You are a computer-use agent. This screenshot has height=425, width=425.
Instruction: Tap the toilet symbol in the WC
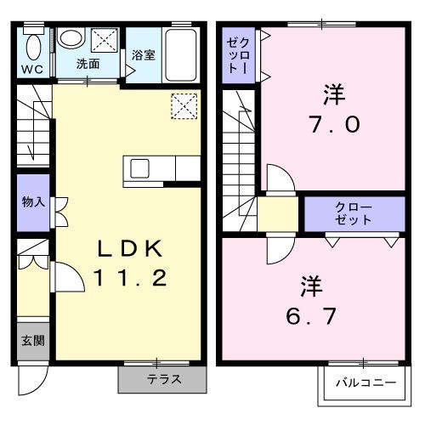34,45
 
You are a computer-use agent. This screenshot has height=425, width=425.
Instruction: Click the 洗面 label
88,64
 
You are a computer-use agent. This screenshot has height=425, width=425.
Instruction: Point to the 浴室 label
143,55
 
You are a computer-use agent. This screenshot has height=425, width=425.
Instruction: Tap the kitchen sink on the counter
139,167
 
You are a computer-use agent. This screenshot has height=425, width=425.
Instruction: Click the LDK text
127,249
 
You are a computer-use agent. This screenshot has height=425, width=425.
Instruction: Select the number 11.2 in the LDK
127,278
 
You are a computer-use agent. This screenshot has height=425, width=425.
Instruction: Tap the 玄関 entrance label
33,341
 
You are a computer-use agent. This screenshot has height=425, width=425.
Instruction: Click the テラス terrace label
163,379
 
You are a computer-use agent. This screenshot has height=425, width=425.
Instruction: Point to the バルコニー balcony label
365,383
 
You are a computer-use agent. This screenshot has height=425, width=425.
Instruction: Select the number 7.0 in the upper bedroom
334,125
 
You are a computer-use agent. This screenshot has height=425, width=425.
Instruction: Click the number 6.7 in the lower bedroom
311,315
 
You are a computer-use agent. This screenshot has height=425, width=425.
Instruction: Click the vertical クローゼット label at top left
235,55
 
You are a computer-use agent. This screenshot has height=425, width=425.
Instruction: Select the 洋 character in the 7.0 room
334,93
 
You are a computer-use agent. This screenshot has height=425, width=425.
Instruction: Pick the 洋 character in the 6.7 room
311,284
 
